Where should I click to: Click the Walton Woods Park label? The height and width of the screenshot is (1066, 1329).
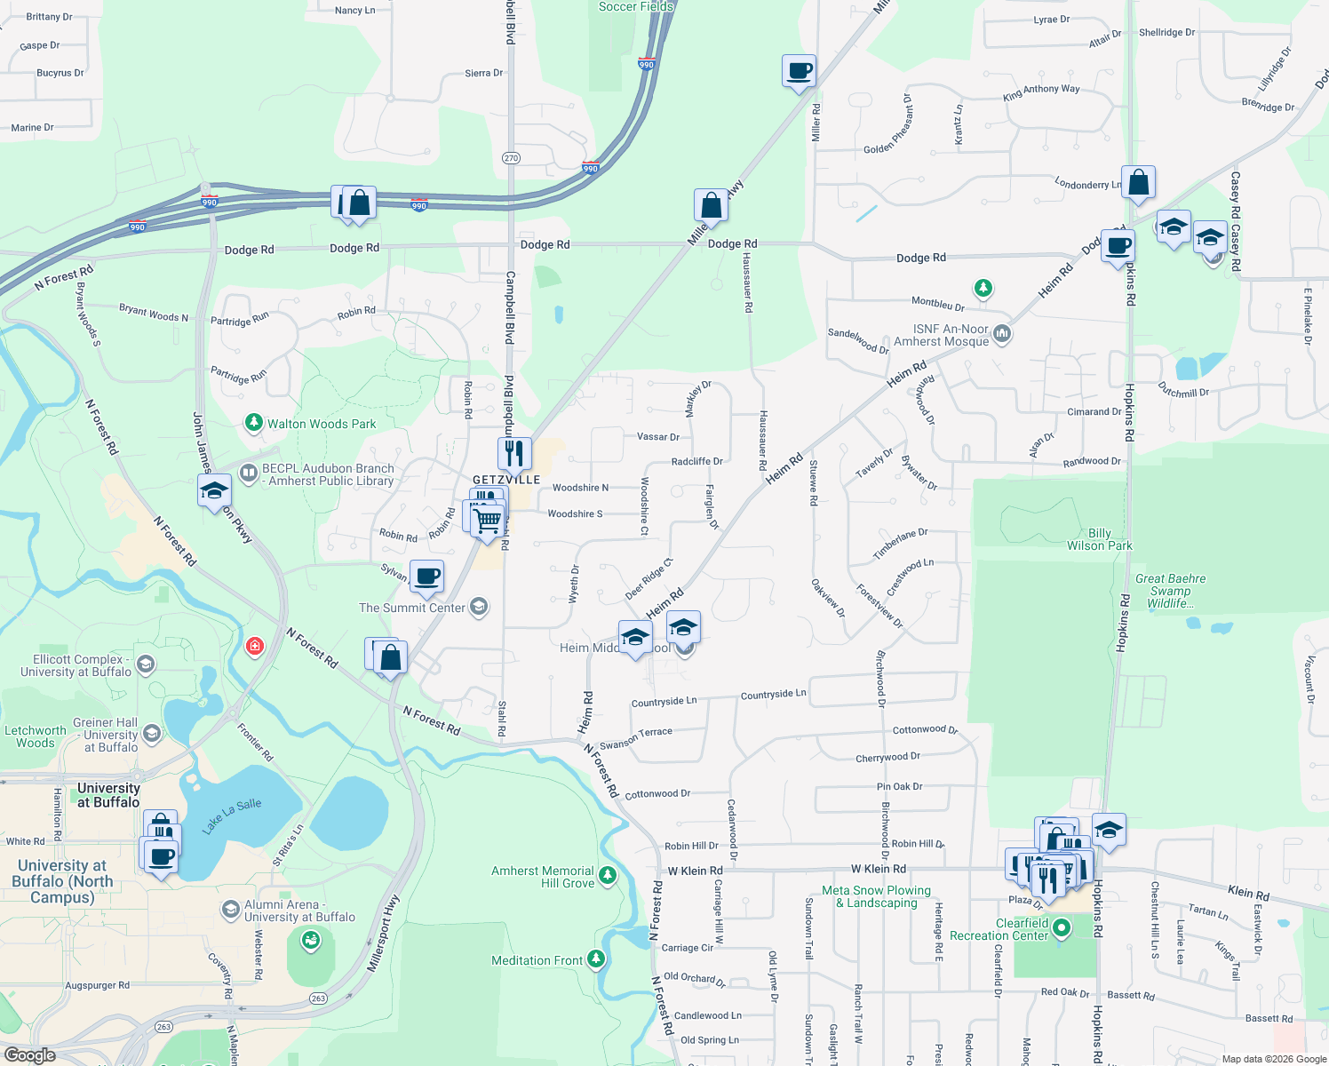click(322, 424)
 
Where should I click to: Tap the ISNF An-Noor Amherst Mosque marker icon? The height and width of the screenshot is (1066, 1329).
click(1002, 334)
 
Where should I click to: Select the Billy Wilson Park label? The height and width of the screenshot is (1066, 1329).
click(1099, 539)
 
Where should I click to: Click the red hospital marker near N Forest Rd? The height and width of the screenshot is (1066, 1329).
click(255, 646)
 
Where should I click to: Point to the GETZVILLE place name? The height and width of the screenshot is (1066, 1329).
click(506, 480)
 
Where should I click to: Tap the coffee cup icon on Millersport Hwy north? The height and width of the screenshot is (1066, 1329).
click(799, 70)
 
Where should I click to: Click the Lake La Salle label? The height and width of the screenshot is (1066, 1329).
click(231, 815)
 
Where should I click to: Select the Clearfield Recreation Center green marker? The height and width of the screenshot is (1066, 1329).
click(1061, 928)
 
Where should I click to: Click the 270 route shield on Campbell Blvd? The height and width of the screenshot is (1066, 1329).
click(511, 158)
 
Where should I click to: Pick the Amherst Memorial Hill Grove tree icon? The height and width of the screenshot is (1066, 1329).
click(608, 876)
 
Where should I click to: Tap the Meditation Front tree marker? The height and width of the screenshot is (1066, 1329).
click(596, 959)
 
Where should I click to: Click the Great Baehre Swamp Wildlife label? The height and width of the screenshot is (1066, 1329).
click(1170, 591)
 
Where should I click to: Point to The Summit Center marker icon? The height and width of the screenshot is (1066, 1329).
click(479, 608)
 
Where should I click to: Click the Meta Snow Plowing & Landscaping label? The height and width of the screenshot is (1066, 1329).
click(876, 896)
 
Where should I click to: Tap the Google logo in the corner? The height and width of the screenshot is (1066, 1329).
click(29, 1055)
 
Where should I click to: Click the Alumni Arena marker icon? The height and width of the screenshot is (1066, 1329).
click(231, 910)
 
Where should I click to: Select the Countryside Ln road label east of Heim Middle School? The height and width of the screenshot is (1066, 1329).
click(773, 694)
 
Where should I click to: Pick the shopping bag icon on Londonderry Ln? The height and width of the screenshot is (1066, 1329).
click(1138, 182)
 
